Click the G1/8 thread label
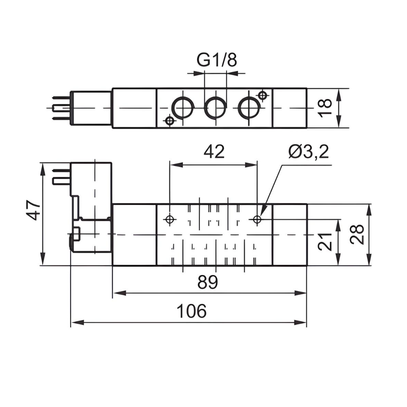(x=217, y=60)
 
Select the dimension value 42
(x=213, y=152)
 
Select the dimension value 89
(x=208, y=282)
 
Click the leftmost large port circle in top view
(x=183, y=108)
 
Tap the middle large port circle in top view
(x=216, y=108)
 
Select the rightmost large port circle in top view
(x=249, y=108)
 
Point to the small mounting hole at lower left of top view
(x=170, y=121)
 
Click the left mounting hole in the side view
(x=170, y=220)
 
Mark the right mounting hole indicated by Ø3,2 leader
(x=257, y=220)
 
